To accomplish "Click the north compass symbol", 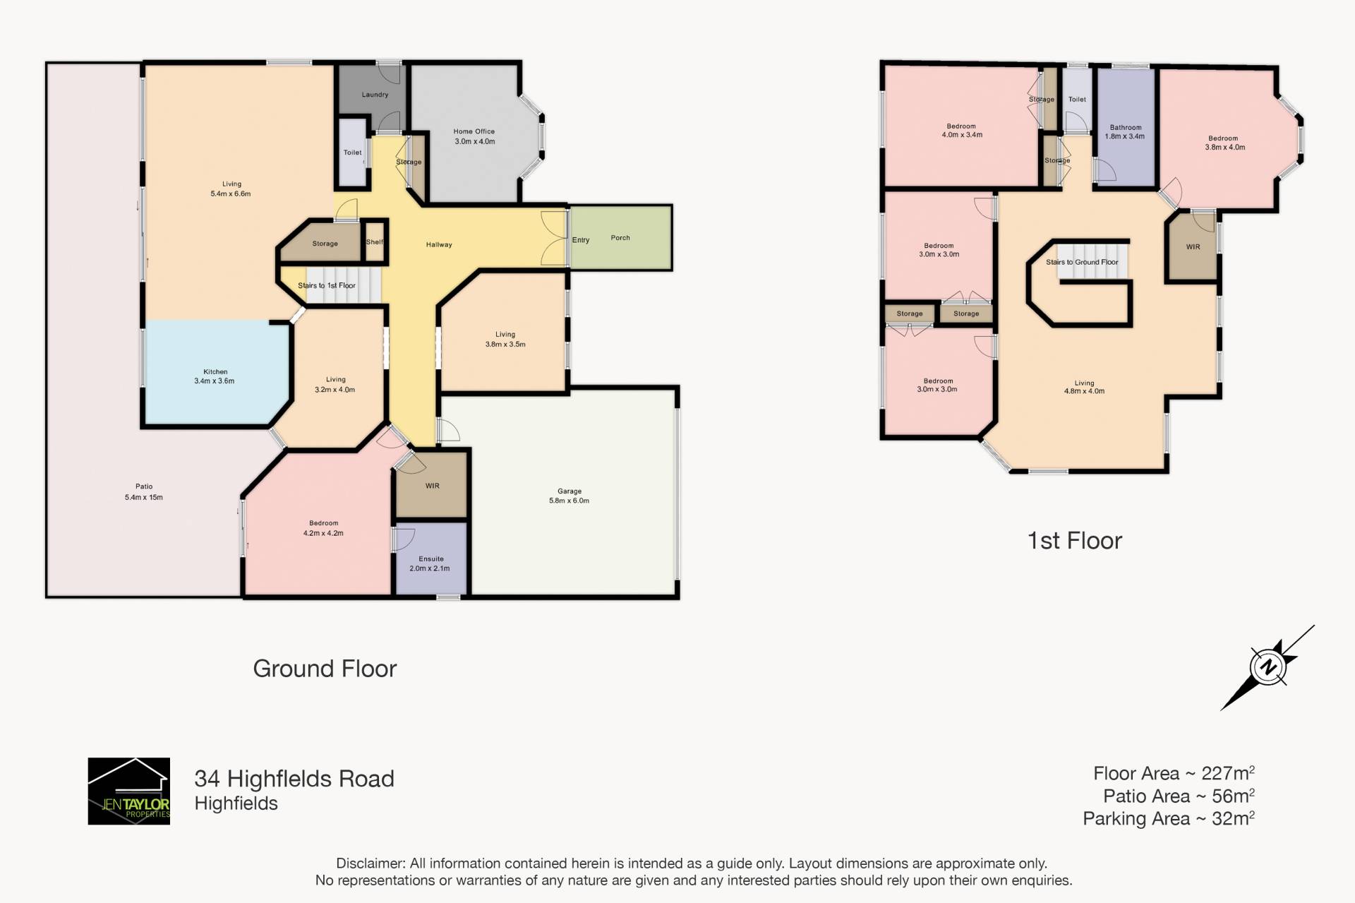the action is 1268,667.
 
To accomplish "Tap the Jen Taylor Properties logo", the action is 128,791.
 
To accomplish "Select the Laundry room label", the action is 375,95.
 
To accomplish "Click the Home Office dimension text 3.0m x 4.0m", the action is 474,141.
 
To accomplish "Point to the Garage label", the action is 570,491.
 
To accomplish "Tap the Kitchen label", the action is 215,371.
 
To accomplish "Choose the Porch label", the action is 620,238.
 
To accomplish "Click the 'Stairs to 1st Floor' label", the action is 327,285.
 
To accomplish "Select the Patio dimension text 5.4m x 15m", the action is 144,497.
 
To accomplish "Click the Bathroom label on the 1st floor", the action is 1126,128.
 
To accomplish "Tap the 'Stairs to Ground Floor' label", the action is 1082,262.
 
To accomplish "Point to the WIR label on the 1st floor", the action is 1193,247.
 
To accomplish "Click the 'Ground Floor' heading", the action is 325,669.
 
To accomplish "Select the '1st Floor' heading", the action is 1074,541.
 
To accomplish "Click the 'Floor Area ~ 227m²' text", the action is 1174,773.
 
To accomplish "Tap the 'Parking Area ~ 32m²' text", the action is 1169,818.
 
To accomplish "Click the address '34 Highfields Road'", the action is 294,779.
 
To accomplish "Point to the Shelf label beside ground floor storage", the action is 375,242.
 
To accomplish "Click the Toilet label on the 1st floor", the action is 1077,100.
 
